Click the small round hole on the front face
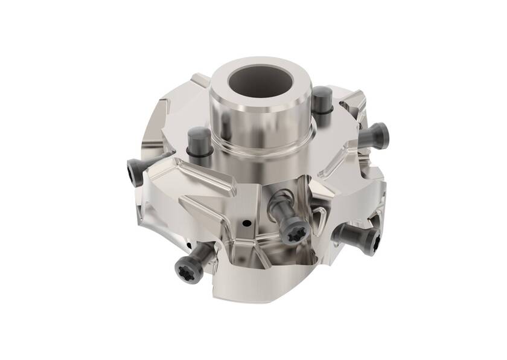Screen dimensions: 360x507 click(x=246, y=223)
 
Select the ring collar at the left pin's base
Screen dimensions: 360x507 click(x=199, y=155)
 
